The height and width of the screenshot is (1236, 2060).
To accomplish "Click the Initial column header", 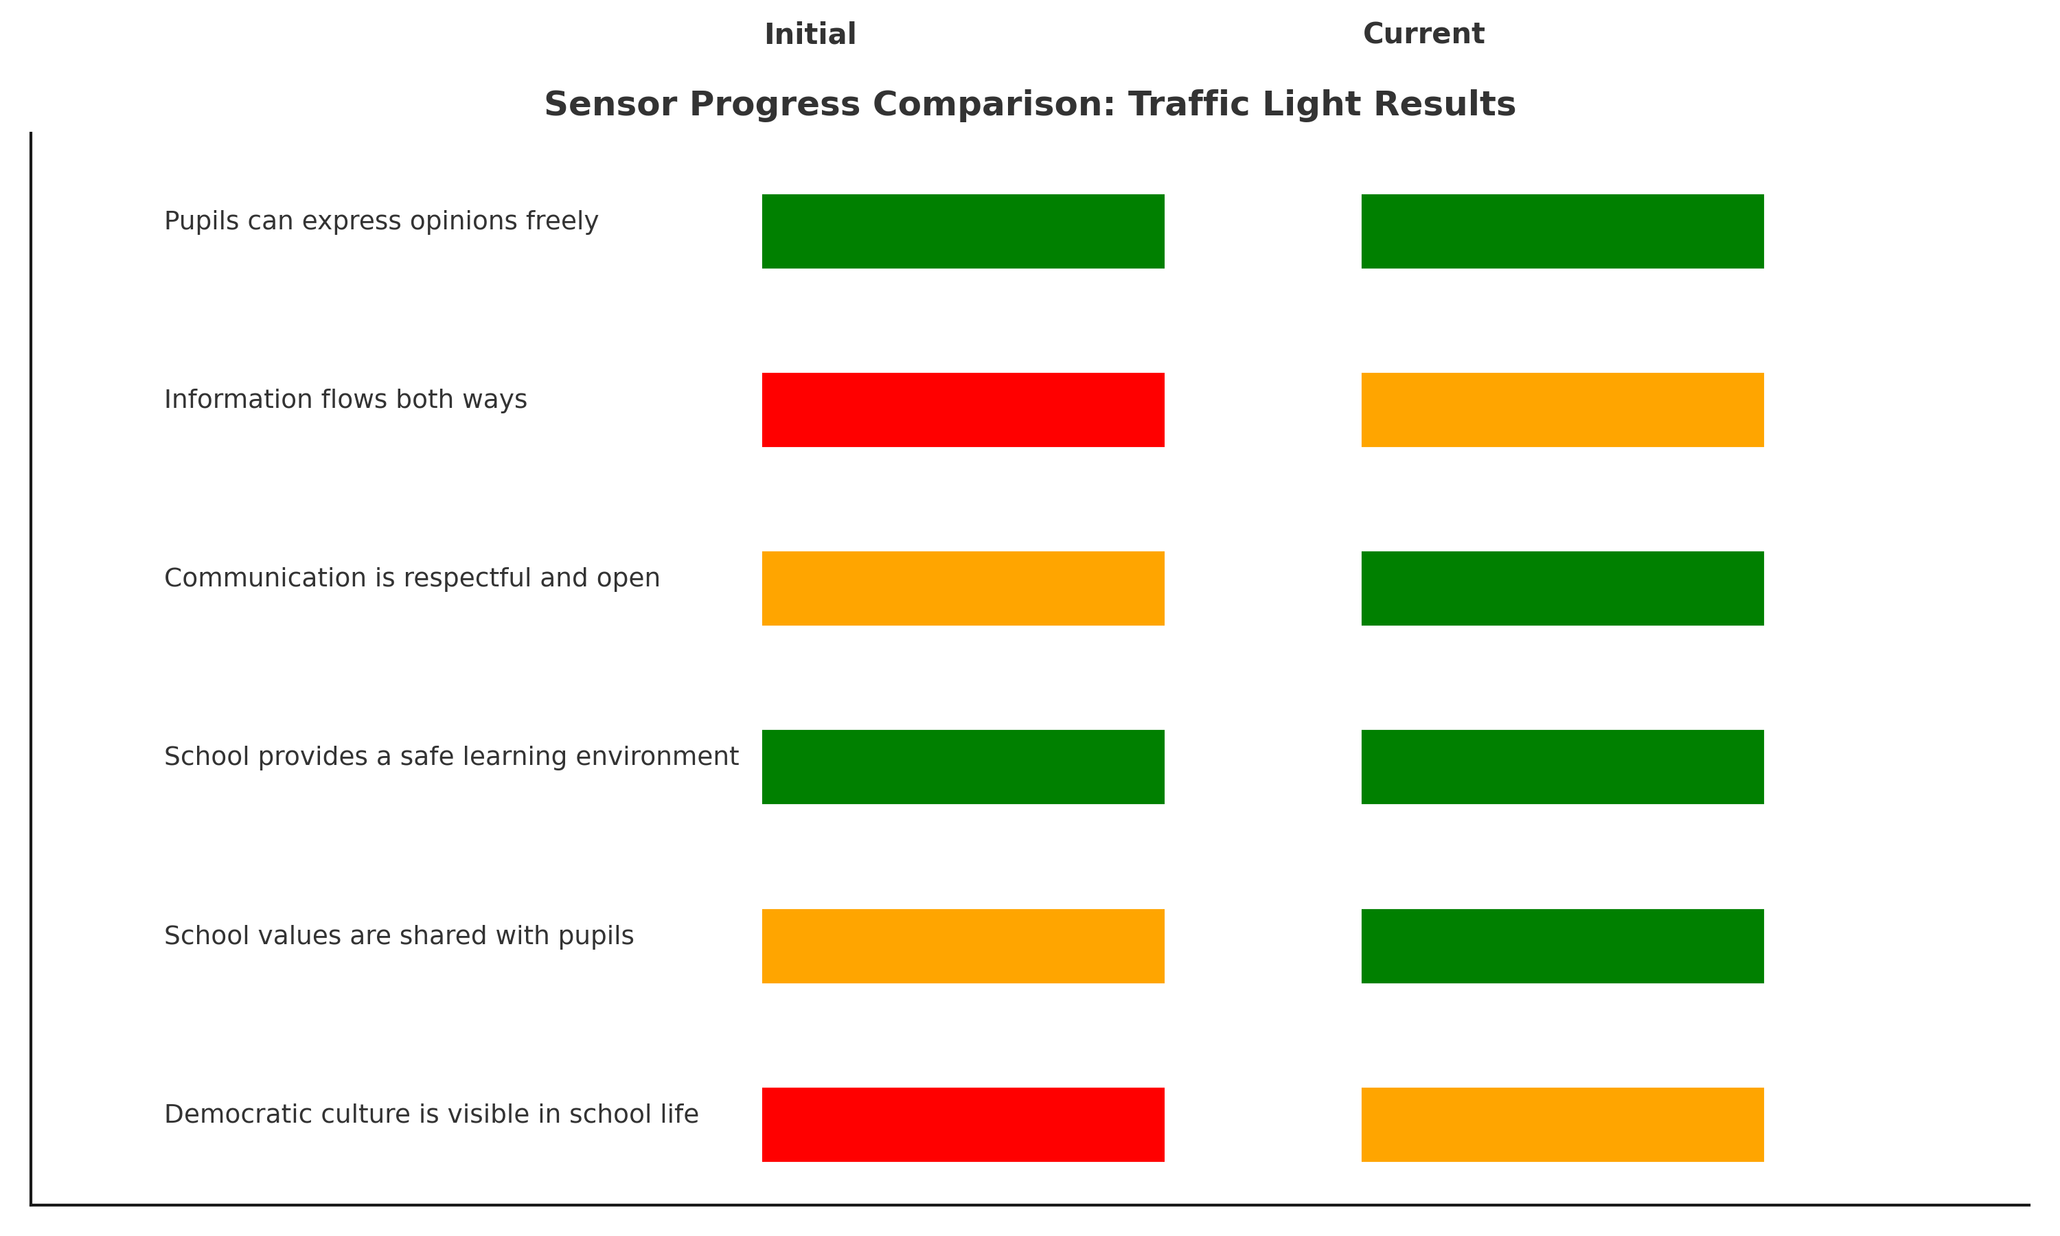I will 810,34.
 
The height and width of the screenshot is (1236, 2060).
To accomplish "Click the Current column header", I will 1423,34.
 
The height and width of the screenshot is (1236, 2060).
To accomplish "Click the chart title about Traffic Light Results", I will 1029,104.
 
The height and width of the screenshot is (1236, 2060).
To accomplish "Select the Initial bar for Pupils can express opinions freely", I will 963,231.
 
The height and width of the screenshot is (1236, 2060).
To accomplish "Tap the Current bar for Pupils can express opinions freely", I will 1562,231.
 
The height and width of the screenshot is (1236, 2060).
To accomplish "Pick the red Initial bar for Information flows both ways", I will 963,410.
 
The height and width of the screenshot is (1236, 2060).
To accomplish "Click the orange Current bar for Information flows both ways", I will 1562,410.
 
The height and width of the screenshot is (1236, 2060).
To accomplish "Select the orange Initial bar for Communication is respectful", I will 963,588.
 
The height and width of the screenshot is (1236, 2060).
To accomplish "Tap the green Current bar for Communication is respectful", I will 1562,588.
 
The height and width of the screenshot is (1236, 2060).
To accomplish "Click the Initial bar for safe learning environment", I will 963,767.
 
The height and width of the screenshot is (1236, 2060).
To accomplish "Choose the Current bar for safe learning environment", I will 1562,767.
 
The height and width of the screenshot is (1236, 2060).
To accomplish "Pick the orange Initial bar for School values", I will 963,946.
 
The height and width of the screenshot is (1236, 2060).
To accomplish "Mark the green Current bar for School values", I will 1562,946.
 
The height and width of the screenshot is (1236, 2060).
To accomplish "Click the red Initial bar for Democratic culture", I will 963,1124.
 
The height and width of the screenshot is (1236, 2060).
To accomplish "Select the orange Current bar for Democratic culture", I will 1562,1124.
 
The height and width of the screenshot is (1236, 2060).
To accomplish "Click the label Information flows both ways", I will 345,399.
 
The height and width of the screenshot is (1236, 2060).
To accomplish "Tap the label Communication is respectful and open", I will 411,577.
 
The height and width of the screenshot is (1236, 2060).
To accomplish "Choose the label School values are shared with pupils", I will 398,935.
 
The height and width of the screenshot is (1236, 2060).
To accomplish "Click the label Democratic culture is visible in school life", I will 431,1114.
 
